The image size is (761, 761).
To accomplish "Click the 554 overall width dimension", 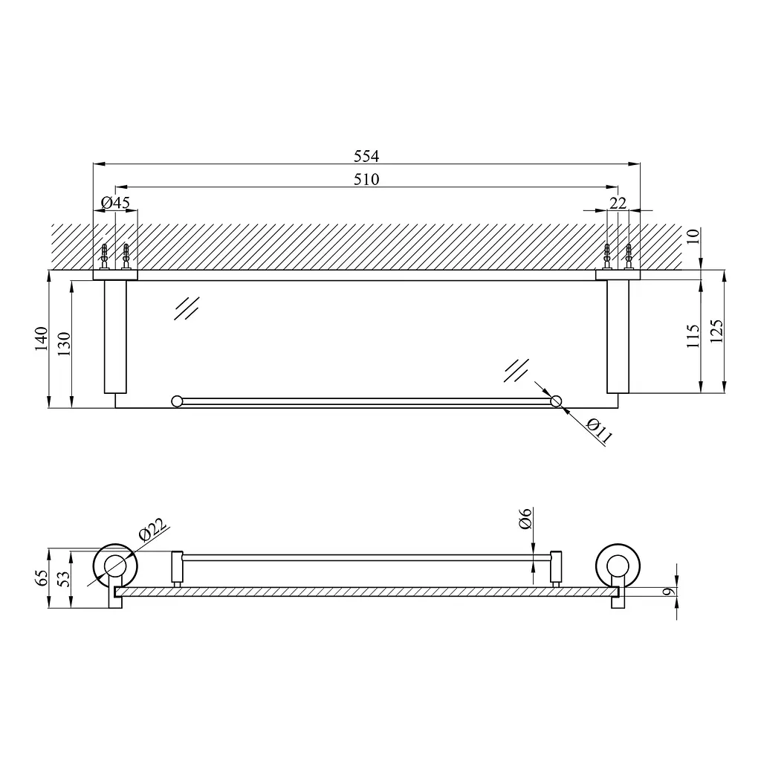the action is tap(366, 156).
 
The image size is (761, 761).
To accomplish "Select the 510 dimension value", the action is tap(366, 180).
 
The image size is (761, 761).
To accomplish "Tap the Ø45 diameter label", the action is tap(115, 202).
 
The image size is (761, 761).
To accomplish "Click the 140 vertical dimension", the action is tap(42, 338).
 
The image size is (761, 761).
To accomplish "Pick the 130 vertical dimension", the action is tap(64, 343).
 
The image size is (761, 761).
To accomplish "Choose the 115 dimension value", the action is tap(693, 337).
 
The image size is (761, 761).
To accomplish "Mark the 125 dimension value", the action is tap(716, 331).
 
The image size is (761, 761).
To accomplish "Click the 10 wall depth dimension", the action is tap(693, 236).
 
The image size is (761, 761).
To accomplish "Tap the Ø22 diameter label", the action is tap(152, 529).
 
